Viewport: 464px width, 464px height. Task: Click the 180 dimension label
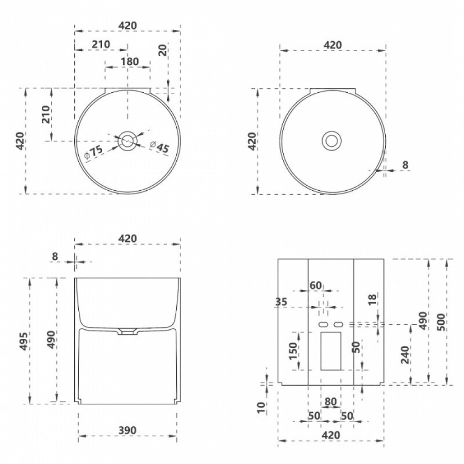pos(129,61)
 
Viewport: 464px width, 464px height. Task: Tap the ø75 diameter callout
pos(94,153)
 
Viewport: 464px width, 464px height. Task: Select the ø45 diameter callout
pos(159,146)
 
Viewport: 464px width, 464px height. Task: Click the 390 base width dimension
pos(127,430)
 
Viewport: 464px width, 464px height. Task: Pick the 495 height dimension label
pos(25,341)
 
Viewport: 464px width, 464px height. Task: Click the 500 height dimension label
pos(441,322)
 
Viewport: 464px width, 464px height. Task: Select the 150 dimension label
pos(293,351)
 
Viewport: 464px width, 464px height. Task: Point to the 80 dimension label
pos(330,402)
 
